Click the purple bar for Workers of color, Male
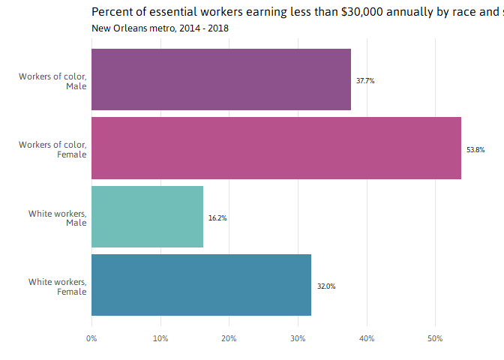(x=221, y=79)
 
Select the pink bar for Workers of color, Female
(x=276, y=148)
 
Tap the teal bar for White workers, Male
(x=147, y=217)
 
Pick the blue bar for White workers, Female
(x=201, y=285)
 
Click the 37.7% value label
(x=365, y=80)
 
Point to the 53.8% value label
(x=475, y=149)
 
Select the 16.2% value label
(x=217, y=218)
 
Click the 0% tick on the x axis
(x=91, y=339)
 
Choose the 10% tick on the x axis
(x=160, y=339)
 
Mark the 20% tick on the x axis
(x=229, y=339)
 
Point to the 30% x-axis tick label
(x=298, y=339)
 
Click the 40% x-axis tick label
(x=367, y=339)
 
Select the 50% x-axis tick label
(x=435, y=339)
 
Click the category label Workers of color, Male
(x=53, y=81)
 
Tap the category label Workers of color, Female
(x=53, y=149)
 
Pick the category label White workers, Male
(x=58, y=218)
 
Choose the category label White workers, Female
(x=58, y=286)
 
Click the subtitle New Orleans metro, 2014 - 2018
(x=160, y=28)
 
